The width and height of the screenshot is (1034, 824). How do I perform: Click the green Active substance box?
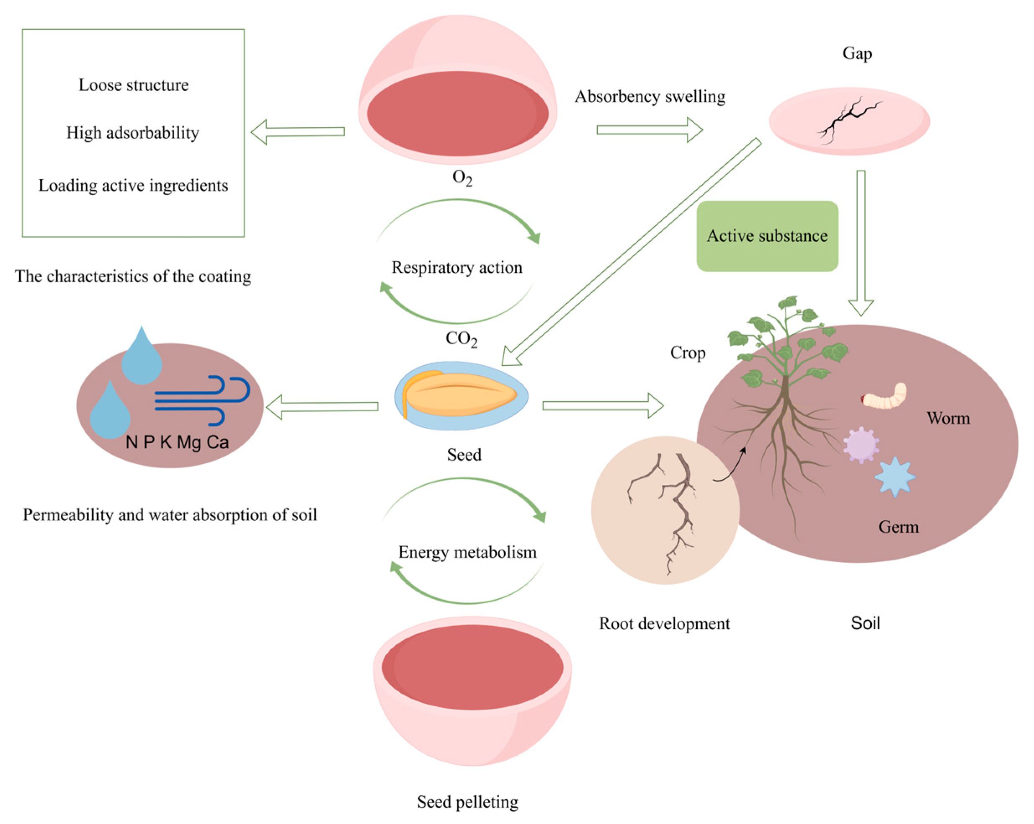point(767,236)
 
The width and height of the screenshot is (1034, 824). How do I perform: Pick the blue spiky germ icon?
point(895,477)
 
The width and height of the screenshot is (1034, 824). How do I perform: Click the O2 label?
point(462,178)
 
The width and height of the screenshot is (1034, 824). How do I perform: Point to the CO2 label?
point(462,339)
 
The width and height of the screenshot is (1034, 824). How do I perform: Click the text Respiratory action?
point(457,267)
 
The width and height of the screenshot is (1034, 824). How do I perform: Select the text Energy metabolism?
point(468,552)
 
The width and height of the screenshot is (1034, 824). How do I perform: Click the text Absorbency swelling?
point(650,96)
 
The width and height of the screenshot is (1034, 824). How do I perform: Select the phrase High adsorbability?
point(133,133)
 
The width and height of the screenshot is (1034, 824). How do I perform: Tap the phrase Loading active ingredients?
point(133,186)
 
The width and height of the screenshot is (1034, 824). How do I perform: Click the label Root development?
point(664,623)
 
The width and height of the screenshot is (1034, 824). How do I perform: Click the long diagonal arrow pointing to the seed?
point(631,252)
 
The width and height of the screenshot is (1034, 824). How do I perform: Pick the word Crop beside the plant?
point(688,353)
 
